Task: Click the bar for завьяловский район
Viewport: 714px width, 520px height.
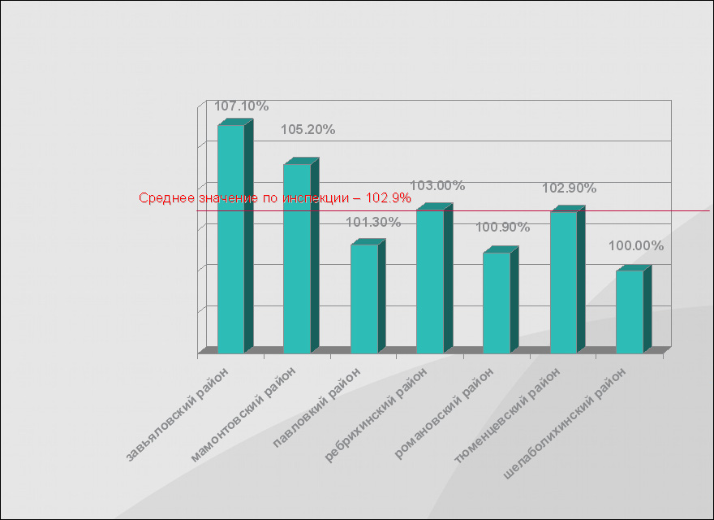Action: click(231, 240)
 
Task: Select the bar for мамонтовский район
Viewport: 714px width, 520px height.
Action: click(297, 258)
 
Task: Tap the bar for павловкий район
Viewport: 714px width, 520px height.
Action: click(364, 299)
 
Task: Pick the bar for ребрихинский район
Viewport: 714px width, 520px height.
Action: click(430, 281)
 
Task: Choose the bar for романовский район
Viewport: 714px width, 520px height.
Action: click(497, 302)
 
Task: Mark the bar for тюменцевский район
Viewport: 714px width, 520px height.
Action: click(563, 282)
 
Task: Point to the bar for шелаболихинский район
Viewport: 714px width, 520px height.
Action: click(630, 312)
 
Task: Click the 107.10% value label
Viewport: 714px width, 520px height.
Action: click(242, 106)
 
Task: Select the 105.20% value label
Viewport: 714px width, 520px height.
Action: click(308, 129)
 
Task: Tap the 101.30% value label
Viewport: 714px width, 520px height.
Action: click(373, 222)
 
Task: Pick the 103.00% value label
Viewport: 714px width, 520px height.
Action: click(437, 185)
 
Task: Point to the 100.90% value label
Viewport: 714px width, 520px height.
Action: click(502, 227)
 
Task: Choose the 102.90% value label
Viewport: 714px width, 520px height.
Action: click(569, 188)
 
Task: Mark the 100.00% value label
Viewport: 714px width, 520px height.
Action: click(636, 245)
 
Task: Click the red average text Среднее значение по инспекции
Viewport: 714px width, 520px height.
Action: click(275, 197)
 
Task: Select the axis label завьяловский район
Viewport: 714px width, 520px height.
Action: click(178, 414)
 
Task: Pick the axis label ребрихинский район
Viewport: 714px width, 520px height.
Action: click(376, 414)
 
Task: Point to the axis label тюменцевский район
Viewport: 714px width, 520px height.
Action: click(509, 414)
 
